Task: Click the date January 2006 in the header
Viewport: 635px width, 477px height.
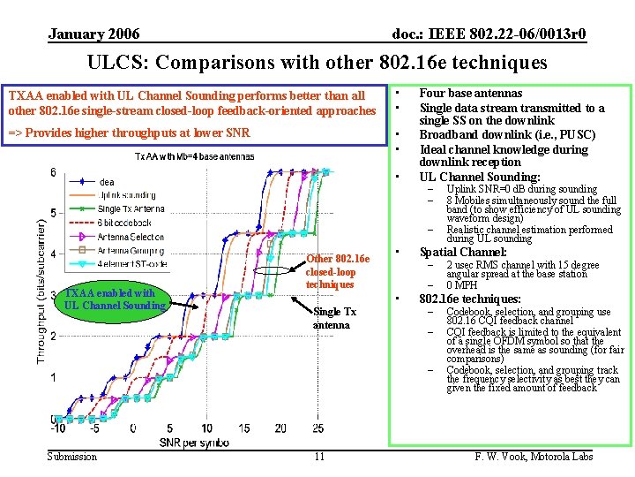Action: click(x=93, y=34)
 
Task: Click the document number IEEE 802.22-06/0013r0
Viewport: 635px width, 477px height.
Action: click(x=489, y=34)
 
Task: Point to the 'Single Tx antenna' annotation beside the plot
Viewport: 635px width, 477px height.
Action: click(x=334, y=318)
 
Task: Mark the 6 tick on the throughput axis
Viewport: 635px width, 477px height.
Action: click(x=52, y=172)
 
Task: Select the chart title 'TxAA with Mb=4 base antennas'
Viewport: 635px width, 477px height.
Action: click(x=194, y=156)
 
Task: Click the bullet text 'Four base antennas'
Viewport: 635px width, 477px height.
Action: click(x=470, y=93)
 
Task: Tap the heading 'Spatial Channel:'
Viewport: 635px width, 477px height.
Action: click(x=462, y=252)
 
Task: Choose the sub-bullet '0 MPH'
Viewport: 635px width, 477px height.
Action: click(x=462, y=284)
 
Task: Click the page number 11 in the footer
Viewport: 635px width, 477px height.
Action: click(x=319, y=456)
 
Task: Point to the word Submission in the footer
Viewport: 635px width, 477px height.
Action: click(x=72, y=456)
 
